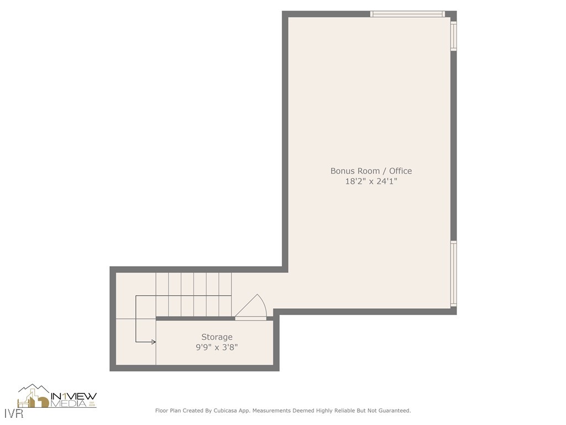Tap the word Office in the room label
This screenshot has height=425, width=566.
(400, 171)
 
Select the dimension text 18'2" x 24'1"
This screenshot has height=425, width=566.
(371, 181)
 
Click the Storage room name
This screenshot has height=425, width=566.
(217, 337)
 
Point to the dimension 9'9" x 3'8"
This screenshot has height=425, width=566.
(217, 348)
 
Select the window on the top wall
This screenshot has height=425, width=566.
(407, 14)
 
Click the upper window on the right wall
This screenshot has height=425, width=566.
(454, 36)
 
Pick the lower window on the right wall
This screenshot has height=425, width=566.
(454, 274)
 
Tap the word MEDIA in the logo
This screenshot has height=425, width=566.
(69, 404)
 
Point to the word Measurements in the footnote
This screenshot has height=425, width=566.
(271, 411)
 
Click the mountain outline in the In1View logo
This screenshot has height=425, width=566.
(34, 388)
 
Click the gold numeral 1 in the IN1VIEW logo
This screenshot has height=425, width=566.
(64, 396)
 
